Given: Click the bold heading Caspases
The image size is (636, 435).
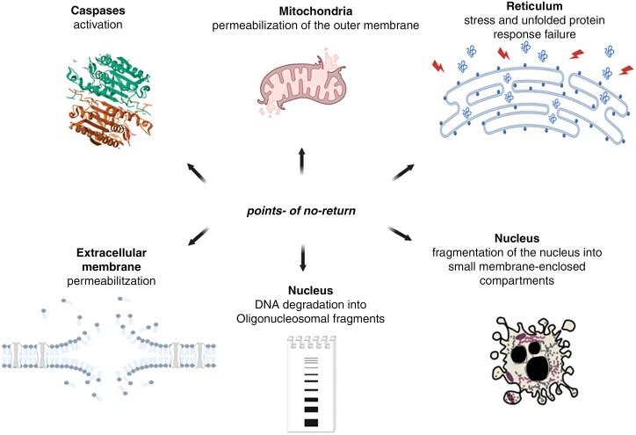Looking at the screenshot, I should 97,11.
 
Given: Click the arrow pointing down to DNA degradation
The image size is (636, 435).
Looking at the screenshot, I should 301,258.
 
